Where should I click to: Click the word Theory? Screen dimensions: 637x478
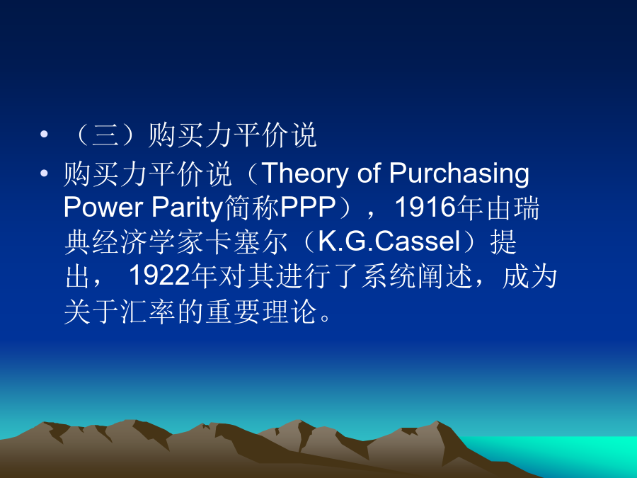[305, 174]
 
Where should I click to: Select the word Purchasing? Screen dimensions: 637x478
[459, 174]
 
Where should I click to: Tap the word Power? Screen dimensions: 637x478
[103, 207]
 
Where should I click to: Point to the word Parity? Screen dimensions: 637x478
[188, 208]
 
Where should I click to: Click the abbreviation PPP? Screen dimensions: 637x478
[308, 207]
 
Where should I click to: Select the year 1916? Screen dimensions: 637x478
[425, 207]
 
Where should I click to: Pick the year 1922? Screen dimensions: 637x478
[159, 276]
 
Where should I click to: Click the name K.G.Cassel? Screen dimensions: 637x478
[389, 241]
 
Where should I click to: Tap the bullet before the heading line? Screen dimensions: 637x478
[44, 134]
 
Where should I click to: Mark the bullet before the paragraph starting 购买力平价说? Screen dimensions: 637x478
[44, 173]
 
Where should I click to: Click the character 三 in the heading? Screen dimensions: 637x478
[105, 135]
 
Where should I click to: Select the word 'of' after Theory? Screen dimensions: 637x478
[369, 173]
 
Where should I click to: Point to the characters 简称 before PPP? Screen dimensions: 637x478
[251, 207]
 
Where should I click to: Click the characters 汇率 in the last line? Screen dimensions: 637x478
[148, 312]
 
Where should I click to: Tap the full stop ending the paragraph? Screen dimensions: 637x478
[326, 317]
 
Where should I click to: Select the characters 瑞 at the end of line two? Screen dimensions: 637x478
[526, 207]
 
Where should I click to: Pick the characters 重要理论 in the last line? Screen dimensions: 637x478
[260, 312]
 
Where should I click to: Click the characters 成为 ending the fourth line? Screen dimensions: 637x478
[529, 276]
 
